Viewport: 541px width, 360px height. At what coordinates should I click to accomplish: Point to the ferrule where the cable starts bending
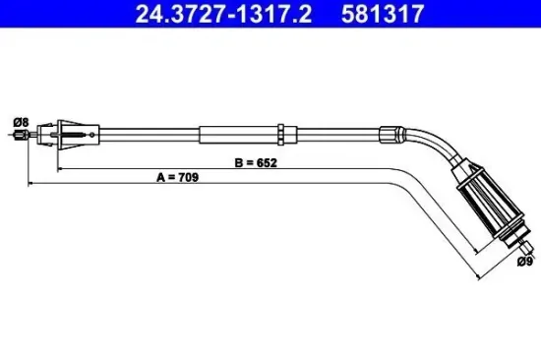point(391,135)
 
